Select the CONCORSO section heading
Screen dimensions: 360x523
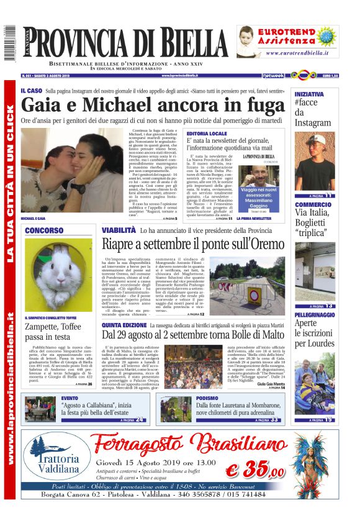tap(43, 230)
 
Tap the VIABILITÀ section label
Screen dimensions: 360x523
tap(119, 230)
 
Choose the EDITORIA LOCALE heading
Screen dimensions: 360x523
tap(207, 134)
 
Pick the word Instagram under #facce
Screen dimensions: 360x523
tap(313, 123)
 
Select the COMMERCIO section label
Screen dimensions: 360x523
tap(313, 204)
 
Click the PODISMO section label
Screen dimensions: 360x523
tap(207, 398)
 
